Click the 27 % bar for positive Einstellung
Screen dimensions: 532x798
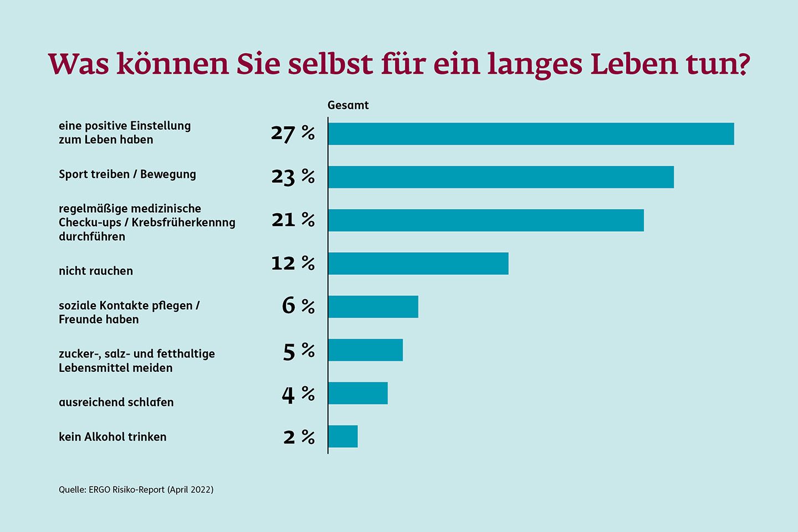click(x=530, y=134)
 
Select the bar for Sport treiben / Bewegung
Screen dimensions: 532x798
click(x=500, y=177)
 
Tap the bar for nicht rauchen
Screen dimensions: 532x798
click(x=418, y=264)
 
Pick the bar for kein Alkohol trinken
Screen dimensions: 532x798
click(x=342, y=437)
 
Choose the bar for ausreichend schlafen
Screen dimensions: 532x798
click(x=357, y=393)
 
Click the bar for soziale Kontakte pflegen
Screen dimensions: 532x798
click(x=373, y=307)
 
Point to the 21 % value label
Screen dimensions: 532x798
click(x=293, y=220)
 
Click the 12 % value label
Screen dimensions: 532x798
click(x=293, y=263)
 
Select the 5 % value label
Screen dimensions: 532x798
click(x=298, y=351)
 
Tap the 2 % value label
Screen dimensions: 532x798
click(x=299, y=437)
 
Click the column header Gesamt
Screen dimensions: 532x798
click(x=348, y=105)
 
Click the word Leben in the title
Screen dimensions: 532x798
click(x=633, y=64)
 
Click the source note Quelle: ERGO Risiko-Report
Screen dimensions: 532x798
click(x=136, y=490)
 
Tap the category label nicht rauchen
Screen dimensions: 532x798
click(x=96, y=271)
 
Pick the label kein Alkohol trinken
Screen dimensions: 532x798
click(x=112, y=437)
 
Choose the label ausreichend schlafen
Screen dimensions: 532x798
click(x=116, y=402)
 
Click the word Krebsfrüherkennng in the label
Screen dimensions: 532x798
click(x=183, y=223)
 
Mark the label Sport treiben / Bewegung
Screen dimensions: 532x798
click(x=127, y=175)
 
